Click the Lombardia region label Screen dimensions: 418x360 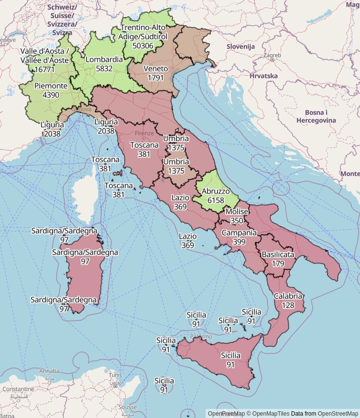coord(104,60)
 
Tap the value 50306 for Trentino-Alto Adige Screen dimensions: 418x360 coord(143,46)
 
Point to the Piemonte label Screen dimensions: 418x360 coord(51,86)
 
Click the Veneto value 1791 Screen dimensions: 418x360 coord(155,77)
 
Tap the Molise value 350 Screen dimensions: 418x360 coord(236,221)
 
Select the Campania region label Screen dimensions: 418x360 coord(239,233)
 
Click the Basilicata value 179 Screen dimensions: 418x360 coord(278,264)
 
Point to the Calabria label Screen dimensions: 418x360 coord(288,296)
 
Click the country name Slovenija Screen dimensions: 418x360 coord(240,47)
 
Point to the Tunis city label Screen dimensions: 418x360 coord(115,375)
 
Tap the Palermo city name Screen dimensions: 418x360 coord(201,337)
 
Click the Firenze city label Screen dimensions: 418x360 coord(144,133)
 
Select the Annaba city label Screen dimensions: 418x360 coord(49,371)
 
